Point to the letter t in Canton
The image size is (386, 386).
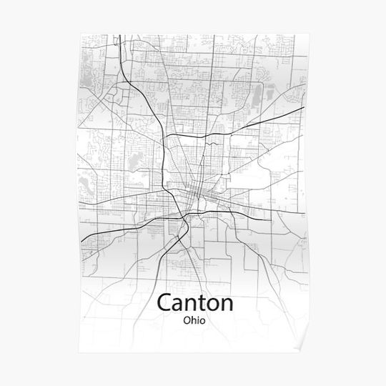pos(201,302)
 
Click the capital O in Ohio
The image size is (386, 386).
pos(185,320)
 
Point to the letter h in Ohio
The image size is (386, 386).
pos(192,320)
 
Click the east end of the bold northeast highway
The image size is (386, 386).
pos(305,107)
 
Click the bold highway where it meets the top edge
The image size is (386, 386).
pos(119,35)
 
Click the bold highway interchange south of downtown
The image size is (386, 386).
pos(185,214)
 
